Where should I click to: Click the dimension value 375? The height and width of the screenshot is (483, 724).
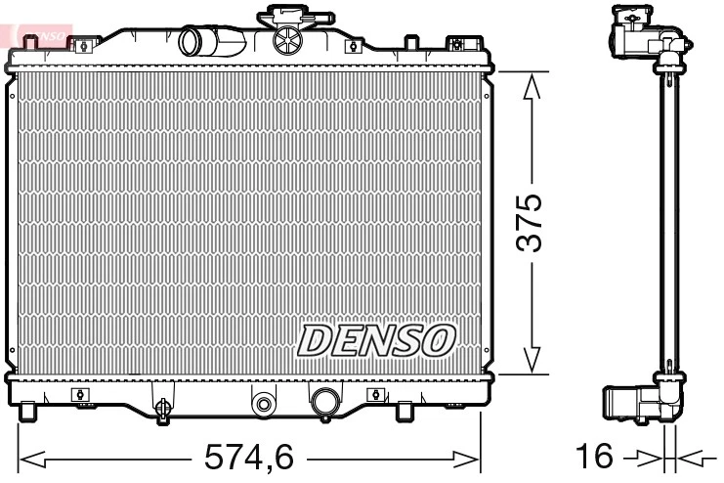[530, 223]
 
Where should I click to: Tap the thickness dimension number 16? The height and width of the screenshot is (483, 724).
[595, 456]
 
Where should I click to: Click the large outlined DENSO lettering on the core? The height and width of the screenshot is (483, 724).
[376, 339]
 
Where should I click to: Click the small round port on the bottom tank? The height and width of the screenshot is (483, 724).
[262, 402]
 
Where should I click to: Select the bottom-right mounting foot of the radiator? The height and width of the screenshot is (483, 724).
[403, 411]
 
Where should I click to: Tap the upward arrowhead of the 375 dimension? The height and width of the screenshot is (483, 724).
[531, 90]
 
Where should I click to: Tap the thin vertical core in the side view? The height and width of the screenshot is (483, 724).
[669, 225]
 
